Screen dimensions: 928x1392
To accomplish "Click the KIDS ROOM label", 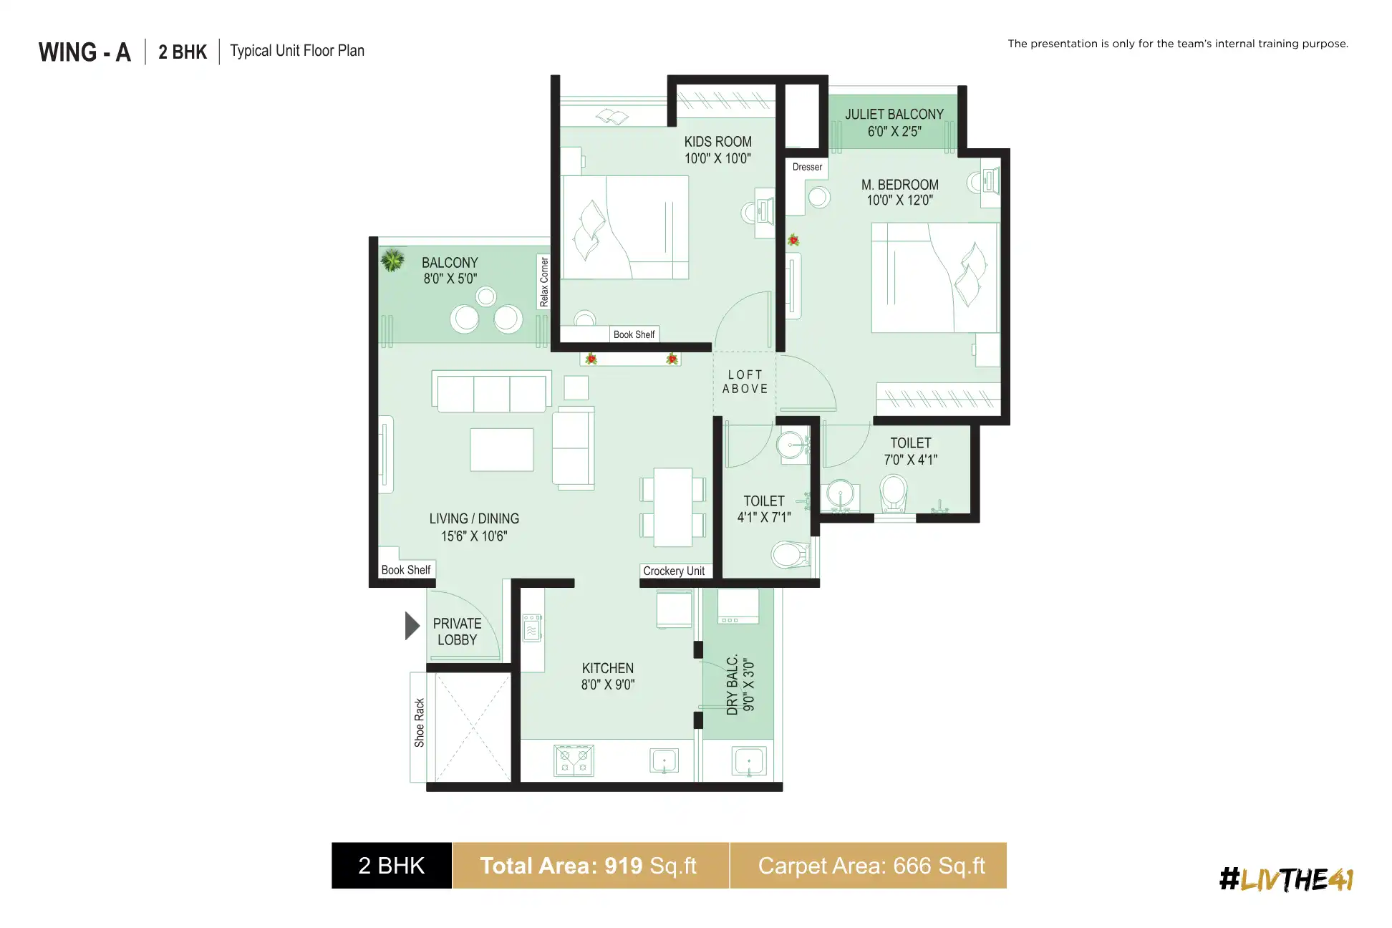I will point(717,142).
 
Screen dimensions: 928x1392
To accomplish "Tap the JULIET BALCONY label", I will point(894,115).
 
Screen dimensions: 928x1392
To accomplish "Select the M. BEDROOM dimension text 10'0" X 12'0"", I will point(899,200).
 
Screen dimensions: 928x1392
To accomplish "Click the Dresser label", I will point(807,167).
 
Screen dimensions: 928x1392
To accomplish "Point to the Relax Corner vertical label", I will point(544,281).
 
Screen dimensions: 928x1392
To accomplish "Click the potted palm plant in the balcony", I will point(392,260).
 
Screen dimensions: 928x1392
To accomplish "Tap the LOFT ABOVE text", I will point(745,382).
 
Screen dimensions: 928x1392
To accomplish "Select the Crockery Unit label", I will point(674,571).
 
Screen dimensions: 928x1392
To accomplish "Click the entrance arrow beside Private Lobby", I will point(412,626).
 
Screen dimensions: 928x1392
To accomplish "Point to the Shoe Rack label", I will point(419,722).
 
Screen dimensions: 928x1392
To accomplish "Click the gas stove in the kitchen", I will point(574,760).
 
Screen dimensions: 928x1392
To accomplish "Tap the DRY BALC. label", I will point(732,685).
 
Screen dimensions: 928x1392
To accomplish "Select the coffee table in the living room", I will point(501,450).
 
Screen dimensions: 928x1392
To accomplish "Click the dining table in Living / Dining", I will point(672,507).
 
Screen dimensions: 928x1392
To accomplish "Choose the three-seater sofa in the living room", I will point(491,392).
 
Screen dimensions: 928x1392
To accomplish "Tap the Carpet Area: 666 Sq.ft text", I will point(871,866).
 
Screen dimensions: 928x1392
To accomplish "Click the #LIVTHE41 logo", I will point(1286,879).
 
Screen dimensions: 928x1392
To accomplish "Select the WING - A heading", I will point(84,52).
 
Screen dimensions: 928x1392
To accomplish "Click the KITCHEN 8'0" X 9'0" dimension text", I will point(607,685).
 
